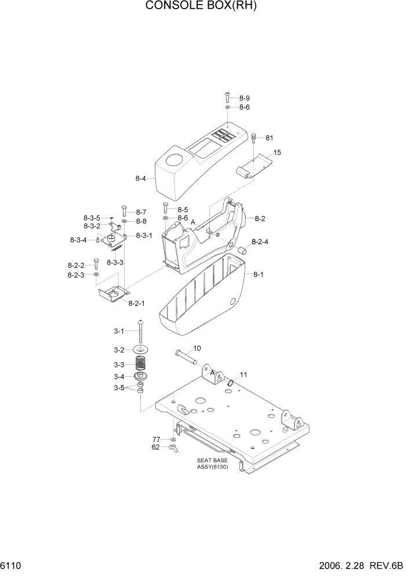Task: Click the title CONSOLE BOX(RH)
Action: pos(201,6)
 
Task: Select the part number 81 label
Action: pos(269,138)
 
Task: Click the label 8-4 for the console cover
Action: pos(141,179)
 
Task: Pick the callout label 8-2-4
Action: pos(259,242)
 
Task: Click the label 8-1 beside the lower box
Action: pos(259,274)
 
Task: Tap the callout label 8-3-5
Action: pos(92,218)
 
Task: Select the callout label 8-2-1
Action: pos(136,303)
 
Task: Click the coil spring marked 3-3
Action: pos(140,365)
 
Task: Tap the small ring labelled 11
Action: pos(231,382)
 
